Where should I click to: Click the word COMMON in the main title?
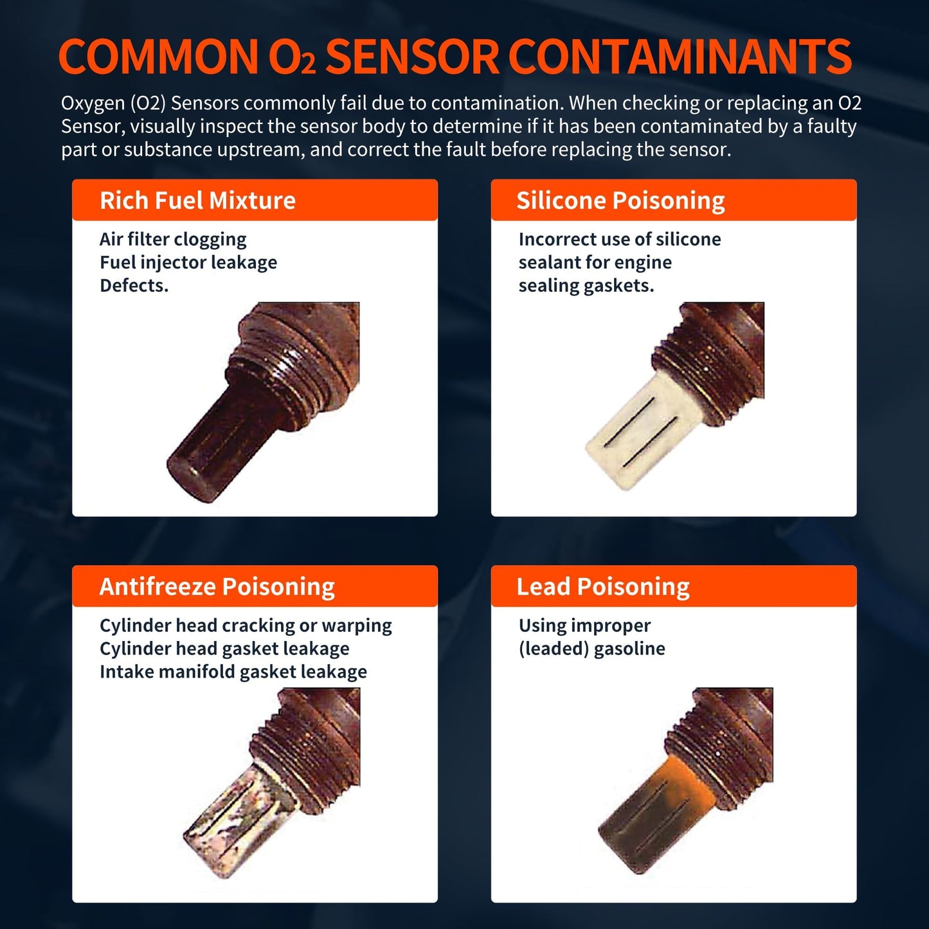click(x=158, y=57)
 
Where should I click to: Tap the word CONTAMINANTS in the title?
click(x=680, y=57)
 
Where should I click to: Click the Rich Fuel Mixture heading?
click(x=197, y=201)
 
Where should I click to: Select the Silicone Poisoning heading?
click(x=620, y=201)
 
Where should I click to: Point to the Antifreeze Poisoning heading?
click(x=217, y=586)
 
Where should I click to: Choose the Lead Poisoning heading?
click(x=602, y=586)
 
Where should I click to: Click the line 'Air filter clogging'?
click(x=173, y=239)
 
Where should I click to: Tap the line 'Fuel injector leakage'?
click(x=188, y=262)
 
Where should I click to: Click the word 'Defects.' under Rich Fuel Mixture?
click(x=134, y=285)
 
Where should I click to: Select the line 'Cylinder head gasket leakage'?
click(x=224, y=649)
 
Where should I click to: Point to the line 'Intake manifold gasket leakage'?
click(x=233, y=672)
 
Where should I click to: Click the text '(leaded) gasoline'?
click(x=591, y=649)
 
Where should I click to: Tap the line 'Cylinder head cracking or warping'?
click(x=246, y=626)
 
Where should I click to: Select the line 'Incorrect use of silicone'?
click(x=620, y=239)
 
